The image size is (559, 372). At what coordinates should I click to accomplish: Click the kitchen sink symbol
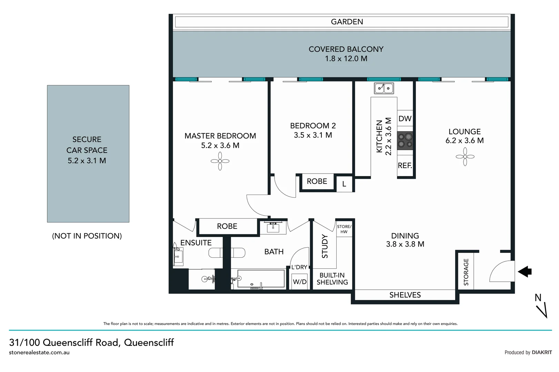[x=384, y=88]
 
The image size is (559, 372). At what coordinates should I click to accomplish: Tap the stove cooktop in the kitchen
[x=405, y=141]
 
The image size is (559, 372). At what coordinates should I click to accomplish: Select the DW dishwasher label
[x=405, y=119]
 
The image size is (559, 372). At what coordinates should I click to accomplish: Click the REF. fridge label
[x=405, y=166]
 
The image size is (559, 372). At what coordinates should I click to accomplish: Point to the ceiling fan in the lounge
[x=465, y=157]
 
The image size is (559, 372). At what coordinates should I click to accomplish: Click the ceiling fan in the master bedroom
[x=220, y=161]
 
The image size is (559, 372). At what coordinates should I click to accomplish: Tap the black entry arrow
[x=525, y=271]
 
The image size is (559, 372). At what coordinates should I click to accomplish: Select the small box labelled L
[x=344, y=184]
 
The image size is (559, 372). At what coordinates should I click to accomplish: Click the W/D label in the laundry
[x=299, y=282]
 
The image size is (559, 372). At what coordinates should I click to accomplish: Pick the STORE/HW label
[x=344, y=229]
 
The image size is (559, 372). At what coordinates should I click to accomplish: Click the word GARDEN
[x=347, y=22]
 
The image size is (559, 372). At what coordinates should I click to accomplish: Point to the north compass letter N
[x=538, y=298]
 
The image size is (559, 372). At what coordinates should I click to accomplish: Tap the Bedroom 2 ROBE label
[x=317, y=181]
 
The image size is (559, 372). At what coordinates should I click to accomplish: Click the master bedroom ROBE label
[x=227, y=226]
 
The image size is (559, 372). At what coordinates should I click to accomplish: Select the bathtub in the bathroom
[x=261, y=279]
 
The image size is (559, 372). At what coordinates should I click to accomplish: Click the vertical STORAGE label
[x=466, y=272]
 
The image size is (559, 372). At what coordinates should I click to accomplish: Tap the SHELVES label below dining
[x=405, y=295]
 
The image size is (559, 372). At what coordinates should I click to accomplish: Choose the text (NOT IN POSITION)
[x=87, y=236]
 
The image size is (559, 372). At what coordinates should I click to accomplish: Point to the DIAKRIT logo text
[x=542, y=352]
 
